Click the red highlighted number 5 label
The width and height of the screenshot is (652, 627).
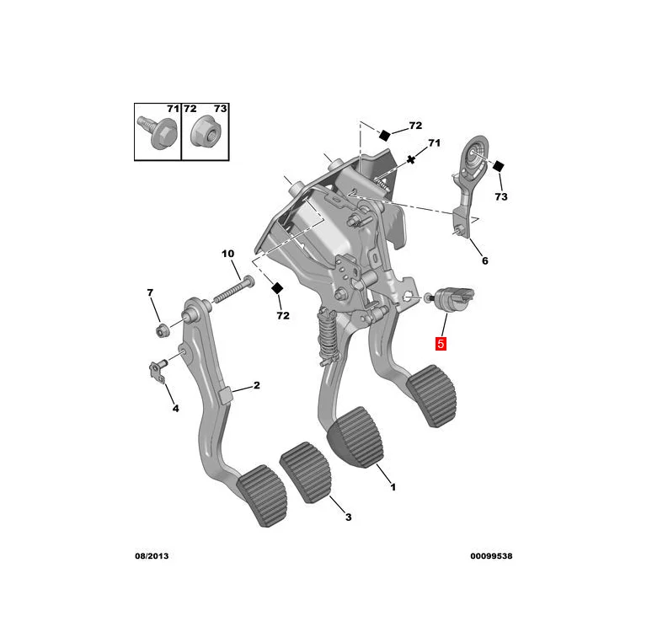(441, 344)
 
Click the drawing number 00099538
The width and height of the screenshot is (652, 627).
(492, 557)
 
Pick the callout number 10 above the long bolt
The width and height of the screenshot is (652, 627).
(227, 254)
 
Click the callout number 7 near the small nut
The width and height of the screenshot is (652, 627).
(151, 292)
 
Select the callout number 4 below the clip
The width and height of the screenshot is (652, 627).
(175, 409)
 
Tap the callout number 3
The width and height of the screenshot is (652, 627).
(348, 516)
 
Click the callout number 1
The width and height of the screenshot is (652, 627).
(393, 486)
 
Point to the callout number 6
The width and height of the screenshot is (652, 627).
(484, 260)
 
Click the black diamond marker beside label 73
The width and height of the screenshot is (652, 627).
(498, 165)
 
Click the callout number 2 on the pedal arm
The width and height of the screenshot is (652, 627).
(256, 386)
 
